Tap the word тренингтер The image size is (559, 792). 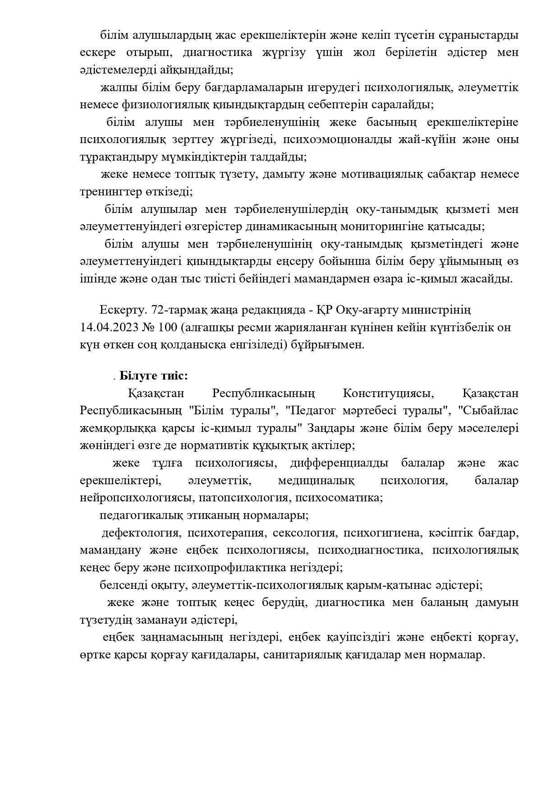click(x=106, y=191)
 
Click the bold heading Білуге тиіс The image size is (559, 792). click(x=153, y=375)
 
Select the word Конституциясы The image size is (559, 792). click(x=388, y=393)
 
